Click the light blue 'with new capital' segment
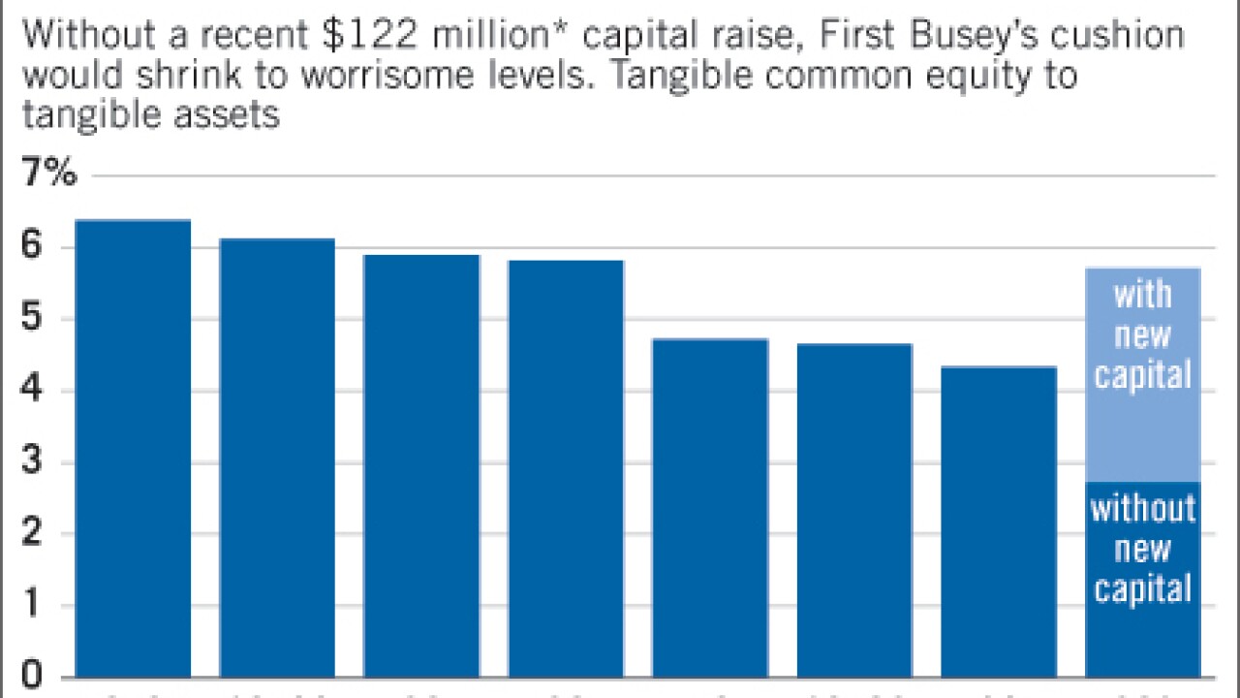[x=1143, y=374]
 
